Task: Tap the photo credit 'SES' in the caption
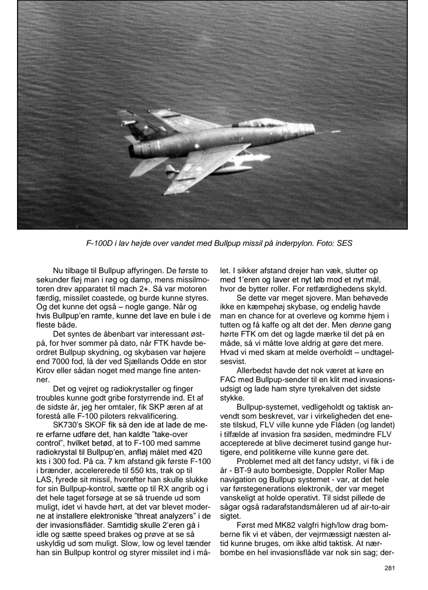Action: [344, 243]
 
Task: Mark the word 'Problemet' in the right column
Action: [254, 461]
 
